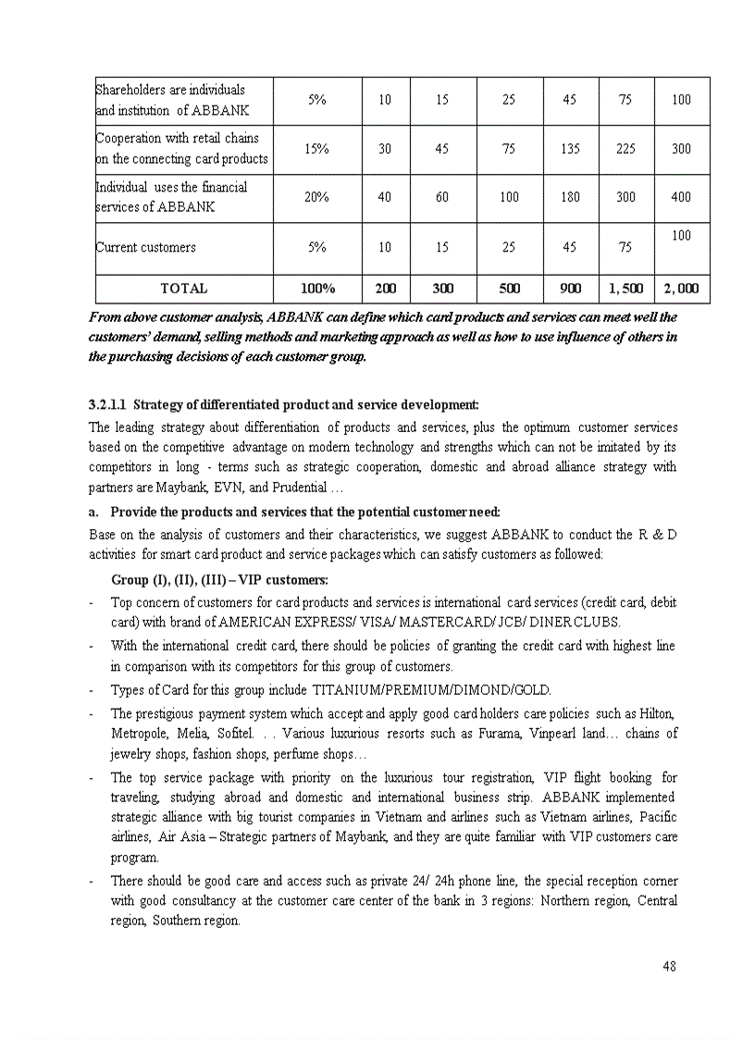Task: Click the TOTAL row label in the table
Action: pos(183,289)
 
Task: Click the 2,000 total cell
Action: pos(681,289)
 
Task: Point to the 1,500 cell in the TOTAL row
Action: pos(625,289)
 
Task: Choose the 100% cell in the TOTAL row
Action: pos(317,289)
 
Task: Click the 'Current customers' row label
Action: pos(146,247)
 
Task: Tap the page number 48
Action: pos(669,967)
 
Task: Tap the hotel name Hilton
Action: pos(657,713)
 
